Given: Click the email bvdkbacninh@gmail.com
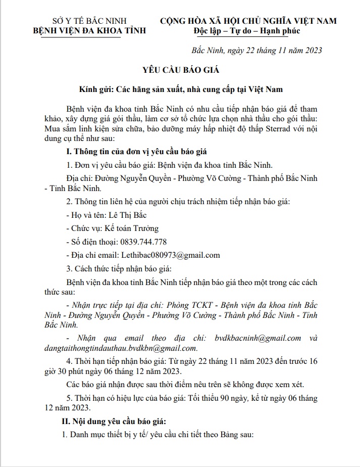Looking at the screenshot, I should click(258, 338).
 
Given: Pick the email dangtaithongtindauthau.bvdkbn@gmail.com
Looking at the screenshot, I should click(132, 348).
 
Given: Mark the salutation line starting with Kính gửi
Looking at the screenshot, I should click(180, 89).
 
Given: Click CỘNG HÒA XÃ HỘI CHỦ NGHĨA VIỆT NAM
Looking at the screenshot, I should click(248, 21).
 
